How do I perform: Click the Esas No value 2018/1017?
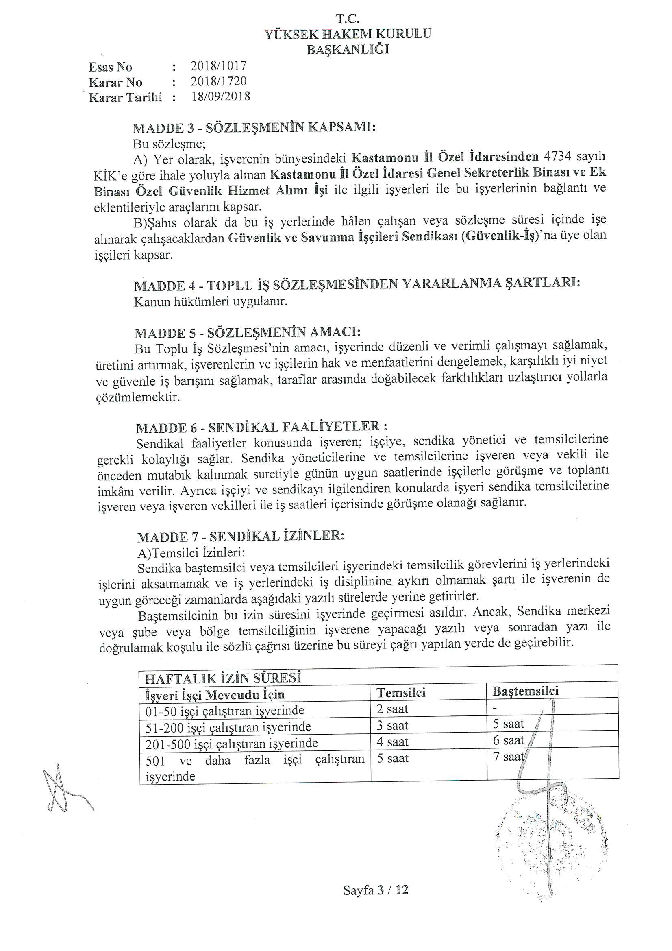(218, 66)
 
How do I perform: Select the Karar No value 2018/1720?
(218, 81)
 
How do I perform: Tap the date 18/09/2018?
(220, 96)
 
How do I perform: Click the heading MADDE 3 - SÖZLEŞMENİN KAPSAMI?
(254, 128)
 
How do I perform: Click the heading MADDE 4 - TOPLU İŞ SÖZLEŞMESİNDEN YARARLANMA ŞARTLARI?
(357, 285)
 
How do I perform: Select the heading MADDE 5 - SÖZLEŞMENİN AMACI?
(247, 333)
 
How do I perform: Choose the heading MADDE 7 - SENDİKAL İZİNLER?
(241, 537)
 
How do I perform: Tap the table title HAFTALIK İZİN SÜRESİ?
(222, 678)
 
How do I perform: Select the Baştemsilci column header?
(525, 691)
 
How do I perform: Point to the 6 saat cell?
(509, 741)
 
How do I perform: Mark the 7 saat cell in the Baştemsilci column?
(509, 757)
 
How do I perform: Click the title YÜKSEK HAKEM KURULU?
(348, 34)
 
